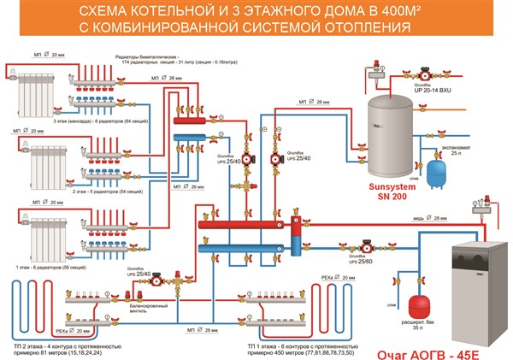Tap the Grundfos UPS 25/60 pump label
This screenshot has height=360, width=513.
(x=353, y=257)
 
